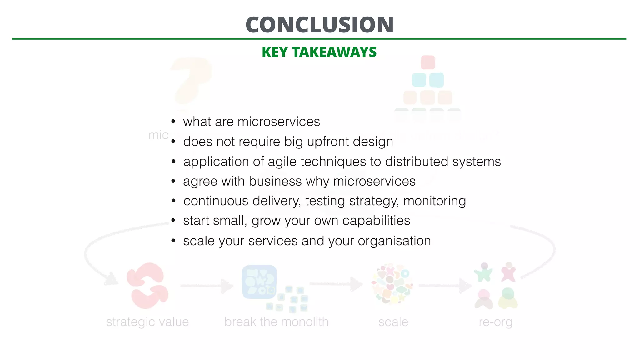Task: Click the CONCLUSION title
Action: coord(319,25)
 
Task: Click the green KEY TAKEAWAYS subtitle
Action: coord(319,52)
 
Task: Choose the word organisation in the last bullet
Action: coord(394,241)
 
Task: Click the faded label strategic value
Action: coord(147,322)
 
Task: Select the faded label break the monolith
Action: coord(276,322)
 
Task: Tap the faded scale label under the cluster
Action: coord(393,322)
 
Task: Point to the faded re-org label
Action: coord(495,322)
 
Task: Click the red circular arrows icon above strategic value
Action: coord(147,286)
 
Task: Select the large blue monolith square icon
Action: coord(259,282)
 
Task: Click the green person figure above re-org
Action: coord(483,272)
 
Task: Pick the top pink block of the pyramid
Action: coord(428,62)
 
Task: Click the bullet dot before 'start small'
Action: coord(173,221)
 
